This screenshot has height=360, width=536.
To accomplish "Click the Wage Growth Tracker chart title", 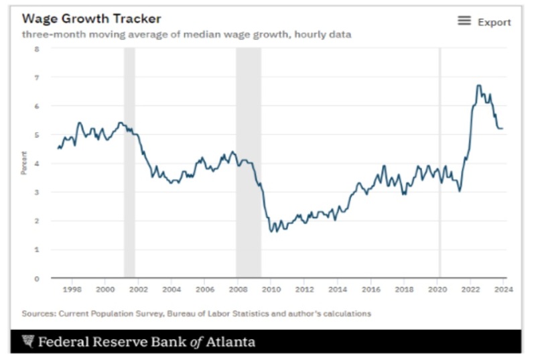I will [x=92, y=18].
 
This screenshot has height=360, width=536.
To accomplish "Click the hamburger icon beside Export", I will [x=464, y=21].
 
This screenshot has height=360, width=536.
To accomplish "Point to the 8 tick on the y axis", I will [x=37, y=49].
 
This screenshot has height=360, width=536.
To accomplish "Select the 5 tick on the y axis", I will [x=37, y=135].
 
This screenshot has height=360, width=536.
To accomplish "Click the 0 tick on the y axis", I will [x=37, y=278].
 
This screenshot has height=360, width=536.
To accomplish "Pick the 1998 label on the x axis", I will [x=72, y=290].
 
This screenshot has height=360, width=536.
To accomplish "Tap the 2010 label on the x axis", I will [x=271, y=290].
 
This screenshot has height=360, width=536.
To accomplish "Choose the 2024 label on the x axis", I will [x=504, y=290].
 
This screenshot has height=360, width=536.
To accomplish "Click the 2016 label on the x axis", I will [x=371, y=290].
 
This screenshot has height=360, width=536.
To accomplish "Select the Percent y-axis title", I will [x=23, y=164].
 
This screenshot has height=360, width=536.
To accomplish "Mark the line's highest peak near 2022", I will [x=478, y=86].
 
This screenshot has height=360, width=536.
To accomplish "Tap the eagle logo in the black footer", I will [x=27, y=342].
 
